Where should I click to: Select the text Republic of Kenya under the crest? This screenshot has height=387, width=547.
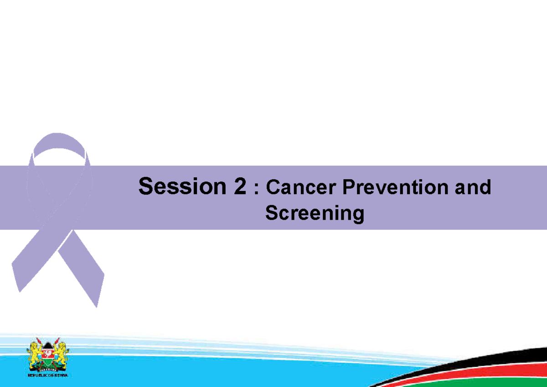(47, 376)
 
